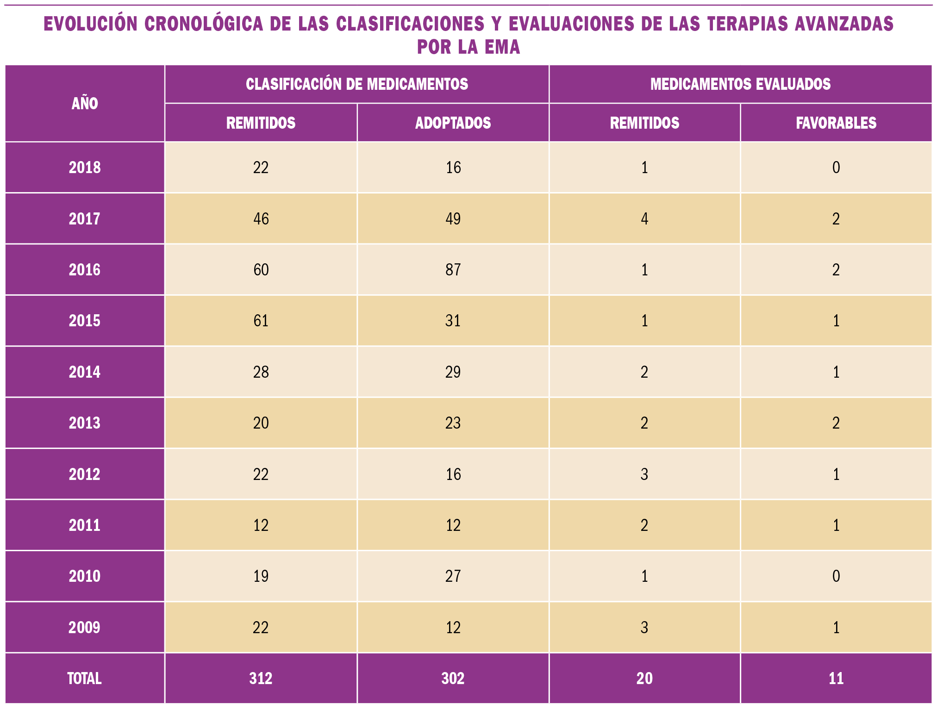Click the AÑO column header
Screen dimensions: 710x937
[85, 103]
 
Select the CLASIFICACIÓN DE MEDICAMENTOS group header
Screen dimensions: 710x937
[356, 84]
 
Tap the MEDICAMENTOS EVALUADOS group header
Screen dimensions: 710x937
[740, 84]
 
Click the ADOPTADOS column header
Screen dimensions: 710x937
[453, 123]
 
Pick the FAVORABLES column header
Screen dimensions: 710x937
[836, 123]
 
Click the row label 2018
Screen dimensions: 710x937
[85, 168]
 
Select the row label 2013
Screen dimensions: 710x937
[85, 423]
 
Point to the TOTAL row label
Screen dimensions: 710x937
[85, 679]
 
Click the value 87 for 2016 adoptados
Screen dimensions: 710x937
[453, 270]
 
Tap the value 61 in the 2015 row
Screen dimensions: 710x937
[261, 321]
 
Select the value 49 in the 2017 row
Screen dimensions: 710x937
[453, 219]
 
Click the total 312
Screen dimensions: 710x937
[261, 679]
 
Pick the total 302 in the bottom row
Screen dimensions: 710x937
[453, 679]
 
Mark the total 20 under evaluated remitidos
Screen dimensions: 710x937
[644, 679]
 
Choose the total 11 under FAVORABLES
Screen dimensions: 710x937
[836, 679]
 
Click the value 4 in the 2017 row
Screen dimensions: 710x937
[644, 219]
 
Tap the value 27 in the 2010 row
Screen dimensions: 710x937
[453, 576]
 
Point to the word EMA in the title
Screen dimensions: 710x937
[502, 47]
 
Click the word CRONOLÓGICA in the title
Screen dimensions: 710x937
[203, 24]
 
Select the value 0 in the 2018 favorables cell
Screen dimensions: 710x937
[836, 168]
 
